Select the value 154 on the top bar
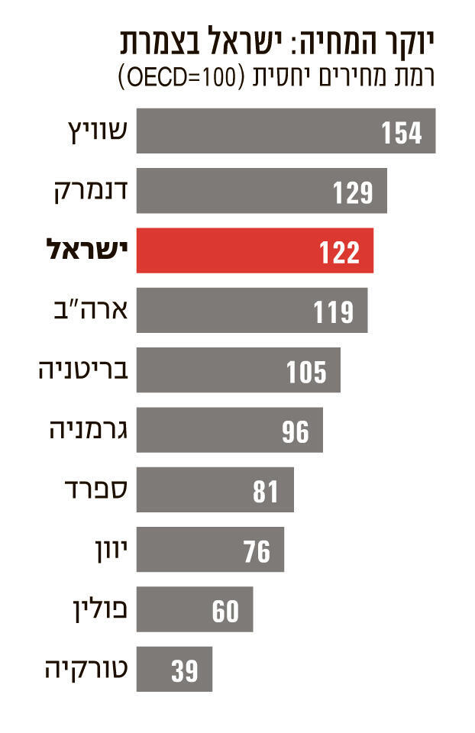(x=401, y=132)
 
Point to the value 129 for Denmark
(x=352, y=192)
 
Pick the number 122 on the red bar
(x=339, y=251)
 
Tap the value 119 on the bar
(x=334, y=311)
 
